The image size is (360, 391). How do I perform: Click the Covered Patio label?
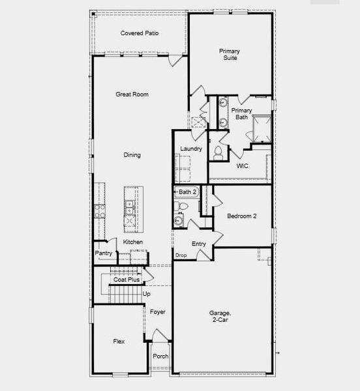[x=140, y=33]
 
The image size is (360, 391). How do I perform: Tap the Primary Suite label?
[x=228, y=54]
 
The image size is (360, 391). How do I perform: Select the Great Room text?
[x=132, y=94]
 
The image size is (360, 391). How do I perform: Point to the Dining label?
[x=132, y=155]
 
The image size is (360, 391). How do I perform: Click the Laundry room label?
[x=191, y=149]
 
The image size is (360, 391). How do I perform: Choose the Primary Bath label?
[x=241, y=113]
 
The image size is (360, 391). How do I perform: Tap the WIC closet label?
[x=243, y=166]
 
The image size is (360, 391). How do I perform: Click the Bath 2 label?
[x=187, y=192]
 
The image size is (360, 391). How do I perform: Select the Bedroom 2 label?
[x=241, y=216]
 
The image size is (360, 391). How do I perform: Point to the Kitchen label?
[x=133, y=242]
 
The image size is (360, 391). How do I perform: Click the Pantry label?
[x=104, y=253]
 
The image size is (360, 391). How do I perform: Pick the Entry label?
[x=199, y=244]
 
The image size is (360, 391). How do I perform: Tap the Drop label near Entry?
[x=181, y=255]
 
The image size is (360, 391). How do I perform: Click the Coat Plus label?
[x=127, y=280]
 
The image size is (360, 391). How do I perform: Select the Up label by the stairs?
[x=147, y=294]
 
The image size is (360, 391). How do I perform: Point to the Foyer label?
[x=158, y=312]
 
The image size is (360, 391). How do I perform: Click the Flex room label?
[x=119, y=341]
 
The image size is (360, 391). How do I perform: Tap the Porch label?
[x=160, y=356]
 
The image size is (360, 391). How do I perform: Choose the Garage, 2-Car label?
[x=220, y=317]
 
